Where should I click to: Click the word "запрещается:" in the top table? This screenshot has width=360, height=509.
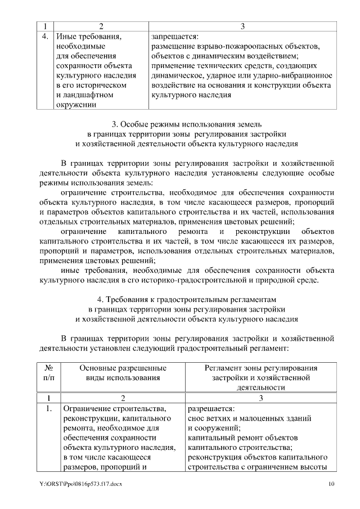tap(174, 37)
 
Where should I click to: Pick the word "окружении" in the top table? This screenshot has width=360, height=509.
tap(76, 104)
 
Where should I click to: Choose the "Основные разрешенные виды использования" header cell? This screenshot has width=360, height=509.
tap(122, 372)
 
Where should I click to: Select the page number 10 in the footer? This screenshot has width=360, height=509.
tap(331, 483)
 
